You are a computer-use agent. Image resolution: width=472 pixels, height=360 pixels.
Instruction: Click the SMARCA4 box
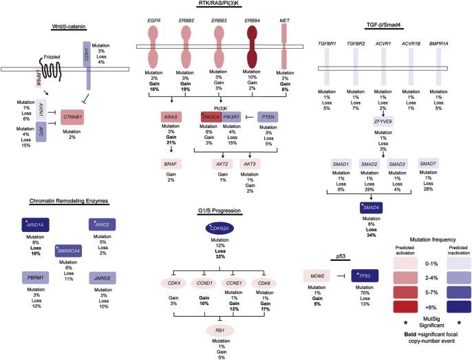click(73, 251)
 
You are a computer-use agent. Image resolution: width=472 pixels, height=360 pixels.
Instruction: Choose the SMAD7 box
click(429, 165)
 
